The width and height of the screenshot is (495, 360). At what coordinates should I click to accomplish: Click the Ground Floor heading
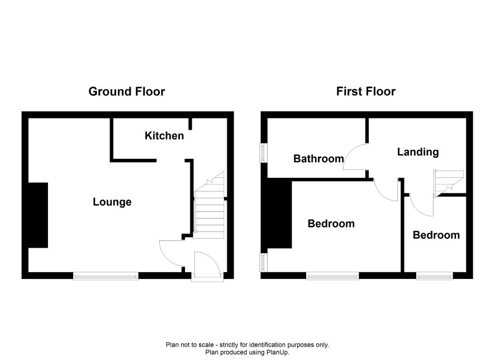pos(127,92)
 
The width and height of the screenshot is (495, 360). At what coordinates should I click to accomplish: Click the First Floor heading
pos(365,92)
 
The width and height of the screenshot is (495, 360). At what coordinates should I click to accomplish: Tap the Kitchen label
pos(164,136)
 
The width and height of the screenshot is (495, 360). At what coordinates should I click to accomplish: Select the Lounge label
pos(112,202)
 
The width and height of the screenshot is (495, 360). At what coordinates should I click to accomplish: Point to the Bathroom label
pos(318,159)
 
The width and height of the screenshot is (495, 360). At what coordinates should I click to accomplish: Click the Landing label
pos(418,152)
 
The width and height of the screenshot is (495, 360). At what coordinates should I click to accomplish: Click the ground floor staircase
pos(210,205)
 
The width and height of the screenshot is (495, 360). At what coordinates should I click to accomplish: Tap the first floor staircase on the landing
pos(449,184)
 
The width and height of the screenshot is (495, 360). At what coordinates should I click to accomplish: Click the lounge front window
pos(106,276)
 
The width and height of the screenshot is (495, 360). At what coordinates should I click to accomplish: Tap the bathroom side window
pos(263,153)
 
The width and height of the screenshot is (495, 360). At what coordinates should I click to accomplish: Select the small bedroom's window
pos(435,276)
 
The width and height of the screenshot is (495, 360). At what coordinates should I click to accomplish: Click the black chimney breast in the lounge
pos(38,215)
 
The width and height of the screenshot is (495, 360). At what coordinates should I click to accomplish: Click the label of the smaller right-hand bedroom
pos(436,235)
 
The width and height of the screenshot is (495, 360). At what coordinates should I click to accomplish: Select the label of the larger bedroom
pos(331,224)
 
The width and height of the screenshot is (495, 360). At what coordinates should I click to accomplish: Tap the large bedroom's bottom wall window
pos(332,276)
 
